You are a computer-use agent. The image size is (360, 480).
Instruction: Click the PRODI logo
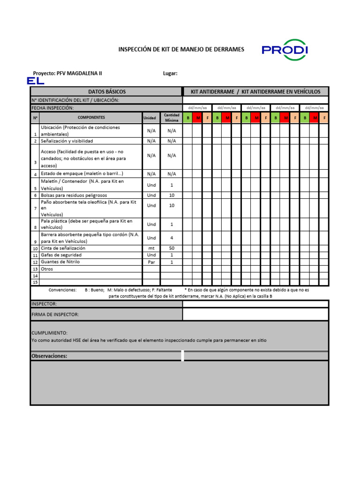coord(285,50)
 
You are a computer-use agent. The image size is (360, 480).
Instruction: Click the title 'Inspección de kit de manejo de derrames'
coord(181,49)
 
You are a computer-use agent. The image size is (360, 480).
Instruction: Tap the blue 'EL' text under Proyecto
coord(36,81)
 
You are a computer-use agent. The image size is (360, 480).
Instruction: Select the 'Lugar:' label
coord(170,73)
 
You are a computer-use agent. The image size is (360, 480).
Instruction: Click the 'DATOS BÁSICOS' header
coord(106,91)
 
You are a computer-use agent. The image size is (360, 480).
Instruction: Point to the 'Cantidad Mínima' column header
coord(172,118)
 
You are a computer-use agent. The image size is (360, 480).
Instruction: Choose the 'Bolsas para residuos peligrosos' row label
coord(74,195)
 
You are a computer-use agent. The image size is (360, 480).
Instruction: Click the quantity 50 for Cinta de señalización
coord(172,248)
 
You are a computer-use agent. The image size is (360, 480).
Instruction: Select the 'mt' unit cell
coord(151,248)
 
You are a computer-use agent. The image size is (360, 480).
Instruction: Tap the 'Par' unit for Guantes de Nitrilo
coord(151,262)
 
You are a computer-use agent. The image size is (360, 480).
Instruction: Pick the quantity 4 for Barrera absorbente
coord(172,238)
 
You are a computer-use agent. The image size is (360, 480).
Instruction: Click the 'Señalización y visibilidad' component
coord(67,141)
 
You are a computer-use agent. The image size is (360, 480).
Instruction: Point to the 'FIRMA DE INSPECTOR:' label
coord(55,314)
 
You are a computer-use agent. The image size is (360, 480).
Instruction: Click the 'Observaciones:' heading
coord(49,356)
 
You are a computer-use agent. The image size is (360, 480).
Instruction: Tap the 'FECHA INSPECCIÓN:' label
coord(52,108)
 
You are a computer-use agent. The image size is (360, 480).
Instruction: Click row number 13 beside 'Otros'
coord(35,269)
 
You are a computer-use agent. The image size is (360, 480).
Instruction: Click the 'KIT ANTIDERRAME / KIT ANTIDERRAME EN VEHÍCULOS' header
coord(255,91)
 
